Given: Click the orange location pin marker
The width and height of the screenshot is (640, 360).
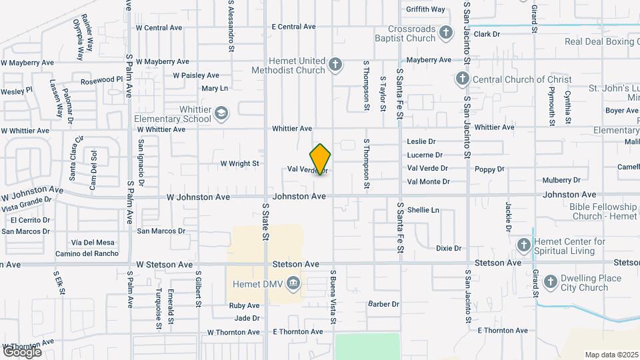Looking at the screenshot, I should click(321, 159).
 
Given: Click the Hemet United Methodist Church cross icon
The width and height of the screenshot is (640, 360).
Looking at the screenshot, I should click(335, 65).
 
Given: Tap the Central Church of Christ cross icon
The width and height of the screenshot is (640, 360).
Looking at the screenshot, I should click(461, 79).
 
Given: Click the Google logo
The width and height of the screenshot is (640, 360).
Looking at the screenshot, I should click(22, 351).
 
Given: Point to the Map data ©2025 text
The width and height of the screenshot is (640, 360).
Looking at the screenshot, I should click(611, 355).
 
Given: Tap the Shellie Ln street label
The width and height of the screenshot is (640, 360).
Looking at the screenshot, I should click(423, 210).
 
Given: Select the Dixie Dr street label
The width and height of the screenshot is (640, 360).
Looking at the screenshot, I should click(449, 249).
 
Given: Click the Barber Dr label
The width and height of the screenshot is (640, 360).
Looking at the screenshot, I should click(383, 304).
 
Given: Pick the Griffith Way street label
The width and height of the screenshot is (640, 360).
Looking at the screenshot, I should click(425, 9).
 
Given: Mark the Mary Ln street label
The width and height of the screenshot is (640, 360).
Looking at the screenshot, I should click(215, 89).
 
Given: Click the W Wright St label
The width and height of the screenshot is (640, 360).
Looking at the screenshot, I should click(239, 163).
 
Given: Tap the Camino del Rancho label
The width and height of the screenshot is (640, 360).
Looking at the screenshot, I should click(87, 254).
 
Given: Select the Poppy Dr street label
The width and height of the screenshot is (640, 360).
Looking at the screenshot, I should click(489, 169).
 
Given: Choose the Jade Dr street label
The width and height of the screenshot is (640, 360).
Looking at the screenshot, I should click(247, 318).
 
